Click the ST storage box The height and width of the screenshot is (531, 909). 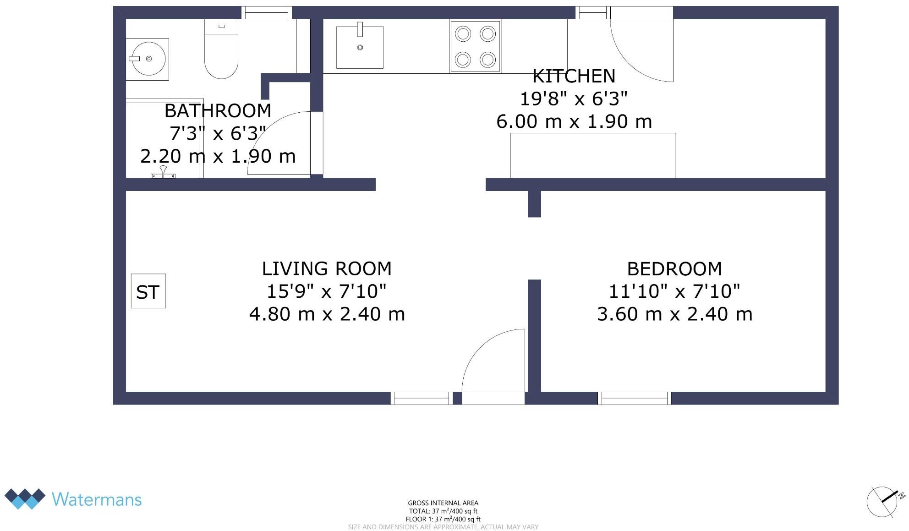coord(148,291)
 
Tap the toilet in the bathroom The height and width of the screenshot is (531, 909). coord(221,49)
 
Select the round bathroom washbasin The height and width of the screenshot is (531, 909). coord(148,59)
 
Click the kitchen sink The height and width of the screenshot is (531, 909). coord(360,47)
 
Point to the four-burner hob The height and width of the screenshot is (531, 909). coord(475,46)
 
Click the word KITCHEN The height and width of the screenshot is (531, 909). coord(574,76)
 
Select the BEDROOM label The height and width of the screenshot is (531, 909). coord(674,269)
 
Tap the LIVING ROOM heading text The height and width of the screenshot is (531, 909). coord(327,269)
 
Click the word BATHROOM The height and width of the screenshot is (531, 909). coord(218,111)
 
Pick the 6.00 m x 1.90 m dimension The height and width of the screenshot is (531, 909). coord(574,121)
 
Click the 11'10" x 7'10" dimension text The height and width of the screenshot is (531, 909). coord(674,291)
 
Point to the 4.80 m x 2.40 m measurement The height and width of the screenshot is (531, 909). coord(327,314)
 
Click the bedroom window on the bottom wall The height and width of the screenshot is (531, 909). coord(635,398)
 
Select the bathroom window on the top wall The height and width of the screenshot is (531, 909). coord(267,13)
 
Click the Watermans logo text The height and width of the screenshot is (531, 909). coord(97,499)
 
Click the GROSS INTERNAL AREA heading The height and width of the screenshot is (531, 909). coord(443,503)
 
